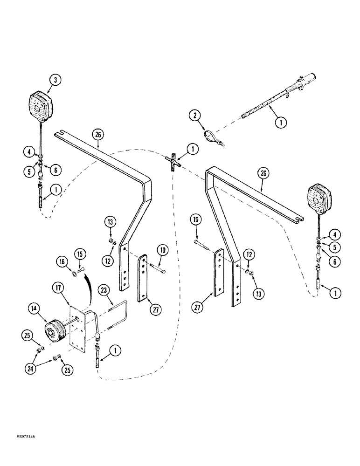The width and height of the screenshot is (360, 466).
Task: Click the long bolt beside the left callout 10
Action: [158, 269]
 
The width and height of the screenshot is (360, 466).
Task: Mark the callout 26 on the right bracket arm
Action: [264, 174]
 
